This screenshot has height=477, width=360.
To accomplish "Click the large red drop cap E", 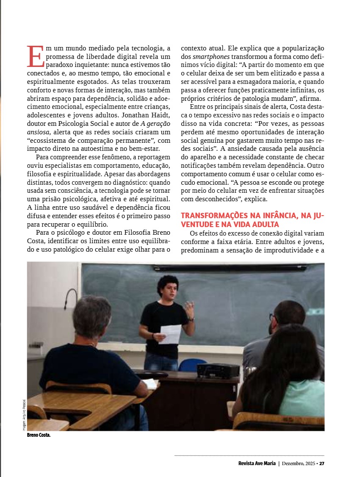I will [x=35, y=56].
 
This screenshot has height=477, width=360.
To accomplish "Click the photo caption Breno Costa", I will [x=39, y=435].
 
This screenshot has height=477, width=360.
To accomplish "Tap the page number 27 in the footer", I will [x=322, y=463].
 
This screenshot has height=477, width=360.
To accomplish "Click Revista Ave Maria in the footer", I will [x=257, y=463].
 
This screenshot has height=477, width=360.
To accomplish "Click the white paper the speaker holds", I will [x=170, y=334].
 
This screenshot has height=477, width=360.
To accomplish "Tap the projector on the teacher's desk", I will [x=218, y=370].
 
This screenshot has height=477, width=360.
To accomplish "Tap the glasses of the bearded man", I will [x=271, y=316].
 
